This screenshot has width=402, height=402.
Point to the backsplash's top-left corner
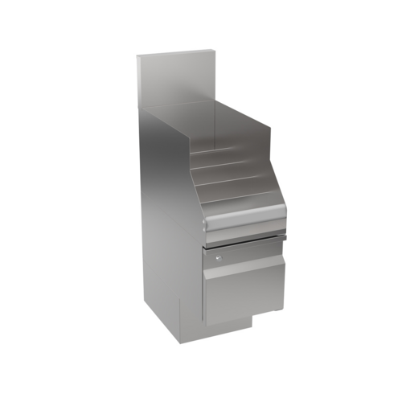click(x=137, y=55)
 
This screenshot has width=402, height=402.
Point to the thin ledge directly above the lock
click(x=241, y=243)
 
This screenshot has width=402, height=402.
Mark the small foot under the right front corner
click(x=278, y=311)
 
